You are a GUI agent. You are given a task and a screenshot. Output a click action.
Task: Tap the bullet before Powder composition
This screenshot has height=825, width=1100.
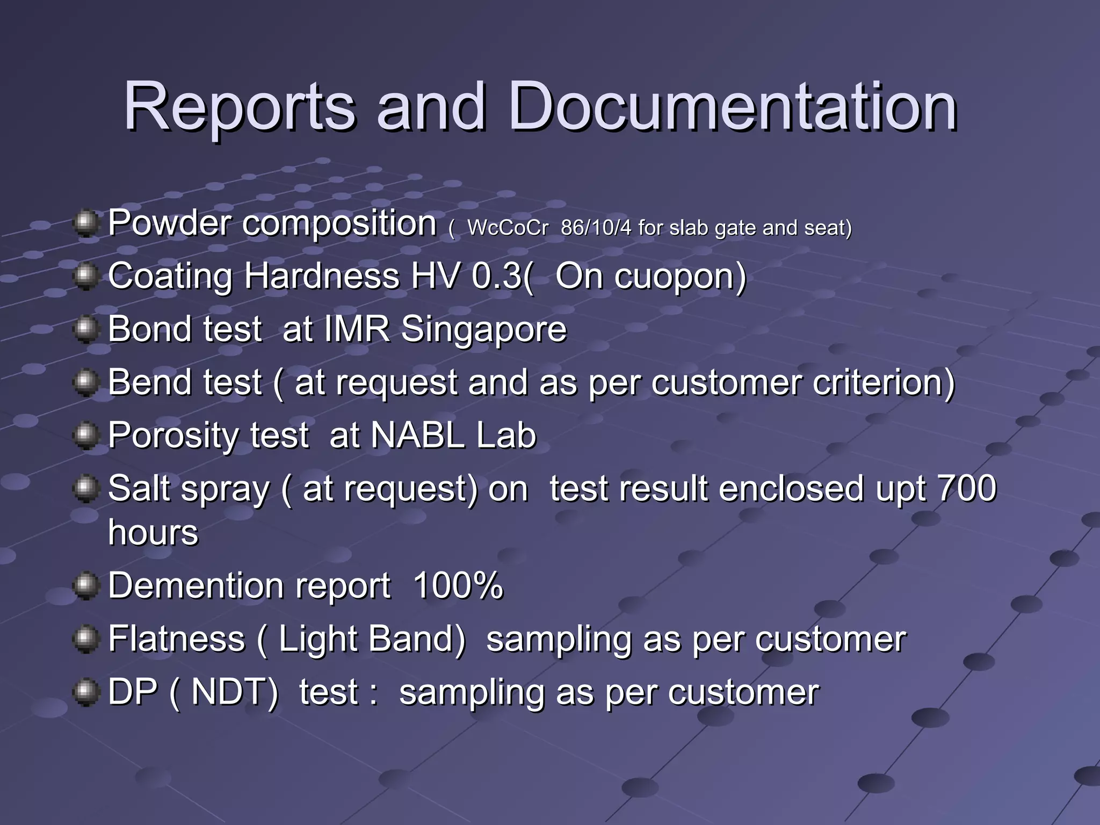tap(85, 223)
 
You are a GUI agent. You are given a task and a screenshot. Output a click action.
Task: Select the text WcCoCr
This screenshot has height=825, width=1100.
tap(508, 228)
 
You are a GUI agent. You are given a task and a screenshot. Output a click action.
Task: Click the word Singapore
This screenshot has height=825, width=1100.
tap(483, 329)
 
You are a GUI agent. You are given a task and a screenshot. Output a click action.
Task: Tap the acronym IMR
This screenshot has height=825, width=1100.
tap(357, 329)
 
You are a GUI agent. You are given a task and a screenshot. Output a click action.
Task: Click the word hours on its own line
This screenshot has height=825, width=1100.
tap(153, 532)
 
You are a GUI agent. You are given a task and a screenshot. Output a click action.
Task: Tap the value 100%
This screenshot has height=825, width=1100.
tap(458, 585)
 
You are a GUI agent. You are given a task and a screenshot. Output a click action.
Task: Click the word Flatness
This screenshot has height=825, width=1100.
tap(177, 639)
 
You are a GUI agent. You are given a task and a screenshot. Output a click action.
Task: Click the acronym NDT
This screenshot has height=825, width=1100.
tap(235, 692)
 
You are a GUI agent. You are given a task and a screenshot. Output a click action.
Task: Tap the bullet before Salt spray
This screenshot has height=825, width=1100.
tap(85, 489)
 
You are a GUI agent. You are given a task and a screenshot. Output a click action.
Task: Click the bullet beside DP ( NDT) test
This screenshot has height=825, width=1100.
tap(85, 692)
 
